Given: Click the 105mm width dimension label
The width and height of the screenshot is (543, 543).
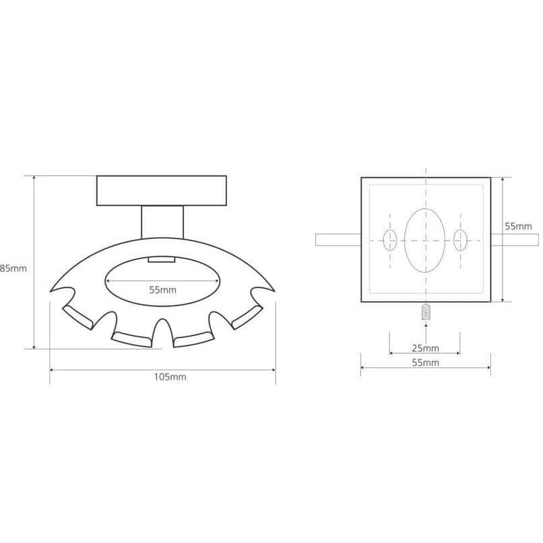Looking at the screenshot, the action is [170, 377].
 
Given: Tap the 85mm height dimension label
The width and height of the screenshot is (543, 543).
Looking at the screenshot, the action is [13, 268].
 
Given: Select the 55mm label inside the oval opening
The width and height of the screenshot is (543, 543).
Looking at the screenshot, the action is [163, 290].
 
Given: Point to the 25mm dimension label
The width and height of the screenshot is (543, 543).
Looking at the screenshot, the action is [425, 348].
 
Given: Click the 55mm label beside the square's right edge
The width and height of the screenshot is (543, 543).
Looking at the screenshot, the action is [518, 226].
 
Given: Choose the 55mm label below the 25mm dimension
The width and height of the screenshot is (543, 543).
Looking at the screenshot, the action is [425, 362].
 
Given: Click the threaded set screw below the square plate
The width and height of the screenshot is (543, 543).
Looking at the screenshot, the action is [426, 313].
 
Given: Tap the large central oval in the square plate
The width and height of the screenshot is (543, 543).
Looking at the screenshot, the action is [425, 241].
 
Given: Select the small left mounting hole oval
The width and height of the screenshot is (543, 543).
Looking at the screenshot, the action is [390, 240].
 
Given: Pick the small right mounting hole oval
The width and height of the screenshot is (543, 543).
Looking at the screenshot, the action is [460, 240].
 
